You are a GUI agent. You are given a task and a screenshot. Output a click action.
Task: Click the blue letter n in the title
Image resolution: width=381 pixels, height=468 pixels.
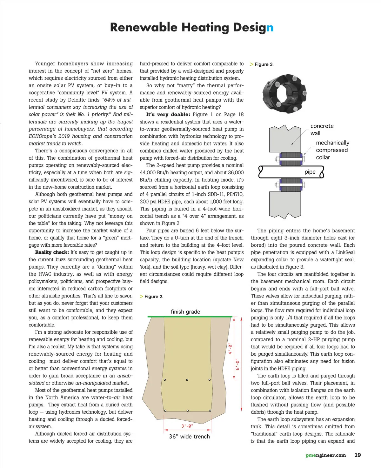[270, 28]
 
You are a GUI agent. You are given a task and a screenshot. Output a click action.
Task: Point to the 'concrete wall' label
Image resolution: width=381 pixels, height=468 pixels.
[322, 130]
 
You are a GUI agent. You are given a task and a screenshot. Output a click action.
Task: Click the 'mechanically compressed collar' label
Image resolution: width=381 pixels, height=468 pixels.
[332, 150]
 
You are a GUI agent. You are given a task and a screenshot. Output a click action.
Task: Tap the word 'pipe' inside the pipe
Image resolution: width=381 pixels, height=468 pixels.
[310, 172]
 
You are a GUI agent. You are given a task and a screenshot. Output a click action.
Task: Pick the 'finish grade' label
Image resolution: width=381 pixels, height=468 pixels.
[185, 312]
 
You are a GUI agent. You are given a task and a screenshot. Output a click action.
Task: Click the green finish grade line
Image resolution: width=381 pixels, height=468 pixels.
[190, 317]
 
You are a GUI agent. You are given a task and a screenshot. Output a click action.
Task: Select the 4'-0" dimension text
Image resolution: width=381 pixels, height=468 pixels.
[231, 348]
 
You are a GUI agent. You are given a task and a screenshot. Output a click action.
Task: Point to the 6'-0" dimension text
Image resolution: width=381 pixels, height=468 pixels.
[237, 364]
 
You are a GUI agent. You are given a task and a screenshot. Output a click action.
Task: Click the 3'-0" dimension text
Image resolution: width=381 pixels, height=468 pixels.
[187, 426]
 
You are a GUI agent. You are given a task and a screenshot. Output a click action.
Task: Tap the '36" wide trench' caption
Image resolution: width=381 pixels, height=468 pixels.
[189, 437]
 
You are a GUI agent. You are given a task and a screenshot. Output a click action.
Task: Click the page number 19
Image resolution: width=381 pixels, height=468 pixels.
[358, 455]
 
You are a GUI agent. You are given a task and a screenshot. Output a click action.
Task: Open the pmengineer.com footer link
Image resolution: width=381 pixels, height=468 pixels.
[325, 455]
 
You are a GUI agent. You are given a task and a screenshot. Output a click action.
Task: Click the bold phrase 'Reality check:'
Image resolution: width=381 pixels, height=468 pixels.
[52, 252]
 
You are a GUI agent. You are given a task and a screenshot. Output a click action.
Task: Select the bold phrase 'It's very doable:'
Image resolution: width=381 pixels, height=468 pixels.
[168, 115]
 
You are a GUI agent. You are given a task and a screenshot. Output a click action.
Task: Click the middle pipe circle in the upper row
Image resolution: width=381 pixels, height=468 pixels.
[187, 380]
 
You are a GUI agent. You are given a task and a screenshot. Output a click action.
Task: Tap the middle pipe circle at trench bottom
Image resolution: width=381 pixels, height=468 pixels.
[187, 411]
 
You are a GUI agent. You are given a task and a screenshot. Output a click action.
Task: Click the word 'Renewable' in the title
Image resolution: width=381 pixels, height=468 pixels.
[144, 27]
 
